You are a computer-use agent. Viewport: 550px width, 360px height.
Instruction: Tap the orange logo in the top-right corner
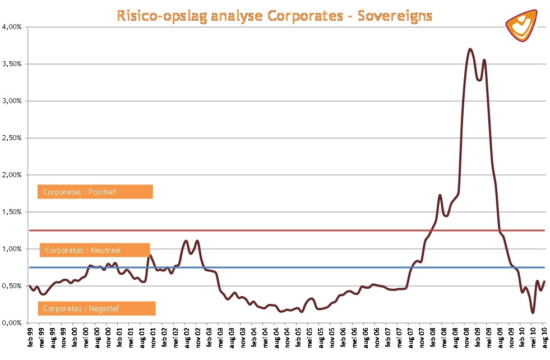(x=521, y=25)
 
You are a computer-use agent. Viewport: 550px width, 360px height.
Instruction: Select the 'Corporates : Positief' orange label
(x=95, y=192)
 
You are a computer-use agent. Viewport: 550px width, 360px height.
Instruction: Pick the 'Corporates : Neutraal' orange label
(x=95, y=250)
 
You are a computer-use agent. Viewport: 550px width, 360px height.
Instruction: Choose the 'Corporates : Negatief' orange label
(x=96, y=308)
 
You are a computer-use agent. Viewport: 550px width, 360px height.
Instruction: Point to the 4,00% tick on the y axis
(x=12, y=27)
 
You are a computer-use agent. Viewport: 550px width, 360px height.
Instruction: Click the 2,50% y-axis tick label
(x=12, y=138)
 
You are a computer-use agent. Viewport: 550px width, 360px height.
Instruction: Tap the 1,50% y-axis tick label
(x=12, y=212)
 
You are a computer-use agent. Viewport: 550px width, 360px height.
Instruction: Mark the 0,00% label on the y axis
(x=12, y=323)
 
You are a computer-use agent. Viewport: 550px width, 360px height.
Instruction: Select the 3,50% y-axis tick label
(x=12, y=64)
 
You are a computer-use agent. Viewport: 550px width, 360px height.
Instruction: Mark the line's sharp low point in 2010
(x=532, y=312)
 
